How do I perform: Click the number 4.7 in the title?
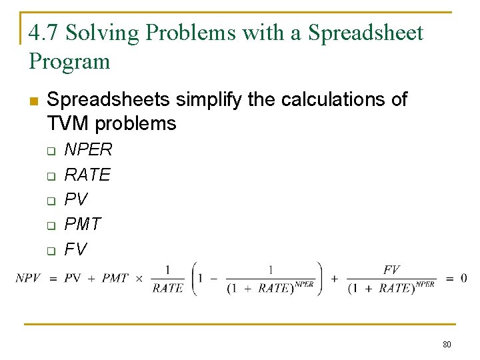[x=44, y=33]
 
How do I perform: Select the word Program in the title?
[x=69, y=61]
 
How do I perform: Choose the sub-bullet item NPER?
[x=88, y=149]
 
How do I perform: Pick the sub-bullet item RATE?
[x=87, y=175]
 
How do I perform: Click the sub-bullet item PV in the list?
[x=75, y=199]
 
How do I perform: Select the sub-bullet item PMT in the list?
[x=83, y=225]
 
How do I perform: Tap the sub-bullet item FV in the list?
[x=75, y=250]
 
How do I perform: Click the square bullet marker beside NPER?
[x=49, y=151]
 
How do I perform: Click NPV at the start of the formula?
[x=28, y=278]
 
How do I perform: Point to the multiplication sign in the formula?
[x=139, y=278]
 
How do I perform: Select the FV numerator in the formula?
[x=391, y=269]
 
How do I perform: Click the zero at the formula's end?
[x=463, y=278]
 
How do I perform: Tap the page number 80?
[x=447, y=345]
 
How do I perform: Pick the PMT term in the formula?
[x=115, y=278]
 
